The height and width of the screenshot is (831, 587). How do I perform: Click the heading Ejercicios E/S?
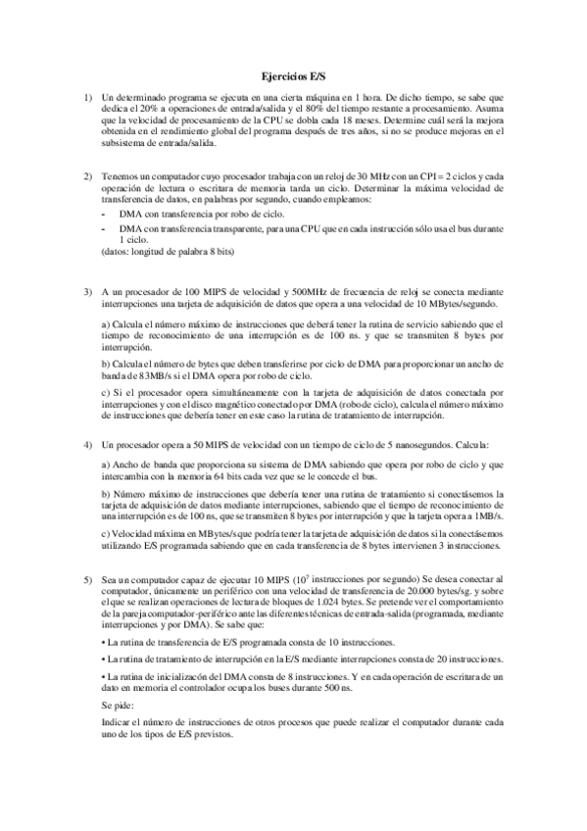[293, 74]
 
